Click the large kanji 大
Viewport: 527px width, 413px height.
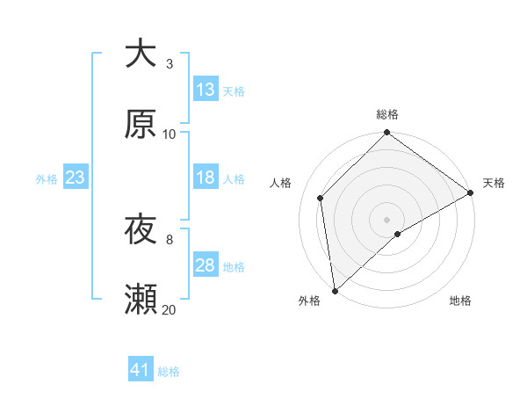click(141, 54)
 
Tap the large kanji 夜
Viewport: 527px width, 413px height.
click(141, 230)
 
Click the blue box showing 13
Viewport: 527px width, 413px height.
click(206, 89)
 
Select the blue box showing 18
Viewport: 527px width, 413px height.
click(206, 178)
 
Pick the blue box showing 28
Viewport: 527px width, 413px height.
click(206, 265)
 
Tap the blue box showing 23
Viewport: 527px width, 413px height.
click(76, 178)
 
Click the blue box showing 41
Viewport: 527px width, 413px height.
click(141, 370)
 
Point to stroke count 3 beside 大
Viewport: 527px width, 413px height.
click(170, 63)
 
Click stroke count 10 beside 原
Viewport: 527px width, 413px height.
click(170, 134)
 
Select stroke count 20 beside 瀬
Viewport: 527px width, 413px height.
click(170, 309)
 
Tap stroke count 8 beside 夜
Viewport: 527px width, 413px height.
click(170, 239)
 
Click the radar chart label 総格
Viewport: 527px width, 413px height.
click(387, 114)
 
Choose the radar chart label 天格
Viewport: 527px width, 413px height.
click(494, 183)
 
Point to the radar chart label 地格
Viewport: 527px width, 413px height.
click(460, 301)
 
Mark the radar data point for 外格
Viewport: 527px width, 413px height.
click(335, 291)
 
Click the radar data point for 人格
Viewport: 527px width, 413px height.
click(321, 198)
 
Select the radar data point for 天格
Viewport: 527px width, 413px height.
click(471, 192)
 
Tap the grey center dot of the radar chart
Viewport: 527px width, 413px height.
click(387, 220)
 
